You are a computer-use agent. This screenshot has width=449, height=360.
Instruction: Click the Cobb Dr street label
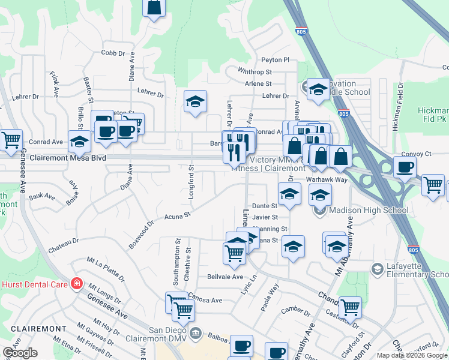pyautogui.click(x=113, y=53)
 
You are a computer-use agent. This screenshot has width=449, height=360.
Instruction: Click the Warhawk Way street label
pyautogui.click(x=327, y=179)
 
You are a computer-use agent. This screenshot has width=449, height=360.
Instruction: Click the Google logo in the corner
pyautogui.click(x=20, y=353)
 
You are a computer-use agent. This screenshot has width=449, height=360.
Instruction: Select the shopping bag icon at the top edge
pyautogui.click(x=154, y=7)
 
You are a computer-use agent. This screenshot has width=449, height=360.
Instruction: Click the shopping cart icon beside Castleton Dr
pyautogui.click(x=349, y=307)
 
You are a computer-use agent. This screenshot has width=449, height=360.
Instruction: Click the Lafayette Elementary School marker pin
pyautogui.click(x=377, y=268)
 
